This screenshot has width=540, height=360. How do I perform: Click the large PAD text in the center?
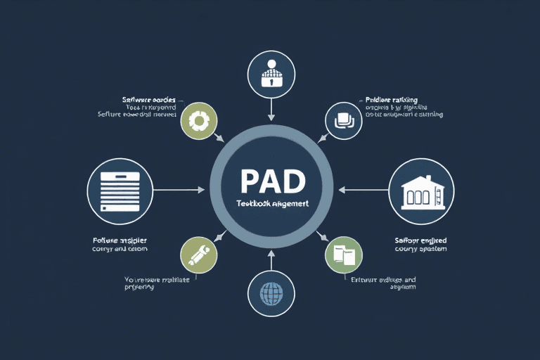(273, 181)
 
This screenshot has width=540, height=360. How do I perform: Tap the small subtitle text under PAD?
(273, 202)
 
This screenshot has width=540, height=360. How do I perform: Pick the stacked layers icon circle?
(343, 120)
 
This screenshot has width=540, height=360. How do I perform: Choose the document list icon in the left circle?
(120, 191)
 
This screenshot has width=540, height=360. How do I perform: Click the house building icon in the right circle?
(421, 191)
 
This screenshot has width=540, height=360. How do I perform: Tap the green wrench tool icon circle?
(199, 255)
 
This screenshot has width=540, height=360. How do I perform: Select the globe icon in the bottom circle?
(271, 292)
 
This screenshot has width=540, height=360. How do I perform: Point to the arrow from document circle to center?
(179, 190)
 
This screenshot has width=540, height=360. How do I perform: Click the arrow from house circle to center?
(363, 190)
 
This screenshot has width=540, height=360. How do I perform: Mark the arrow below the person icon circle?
(271, 109)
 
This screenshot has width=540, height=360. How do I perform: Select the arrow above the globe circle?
(271, 260)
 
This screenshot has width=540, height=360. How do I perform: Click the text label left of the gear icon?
(138, 106)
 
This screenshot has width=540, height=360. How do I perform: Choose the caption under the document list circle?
(120, 244)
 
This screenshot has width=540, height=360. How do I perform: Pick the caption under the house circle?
(421, 244)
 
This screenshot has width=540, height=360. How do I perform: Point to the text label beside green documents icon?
(383, 283)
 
